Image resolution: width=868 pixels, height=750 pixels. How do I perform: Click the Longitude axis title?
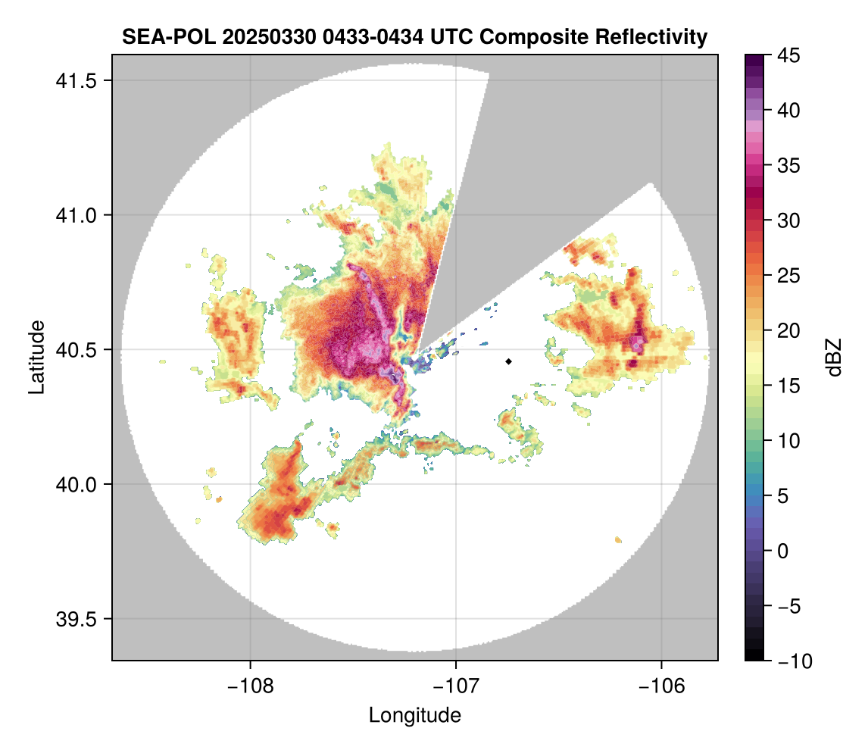click(x=414, y=714)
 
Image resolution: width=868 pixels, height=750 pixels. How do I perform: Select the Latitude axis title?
click(x=36, y=357)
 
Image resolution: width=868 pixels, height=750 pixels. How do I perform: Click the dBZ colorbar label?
click(x=834, y=358)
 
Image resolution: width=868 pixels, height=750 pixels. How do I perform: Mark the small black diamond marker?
click(x=509, y=361)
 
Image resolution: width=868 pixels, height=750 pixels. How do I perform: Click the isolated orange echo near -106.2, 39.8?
click(x=619, y=539)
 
